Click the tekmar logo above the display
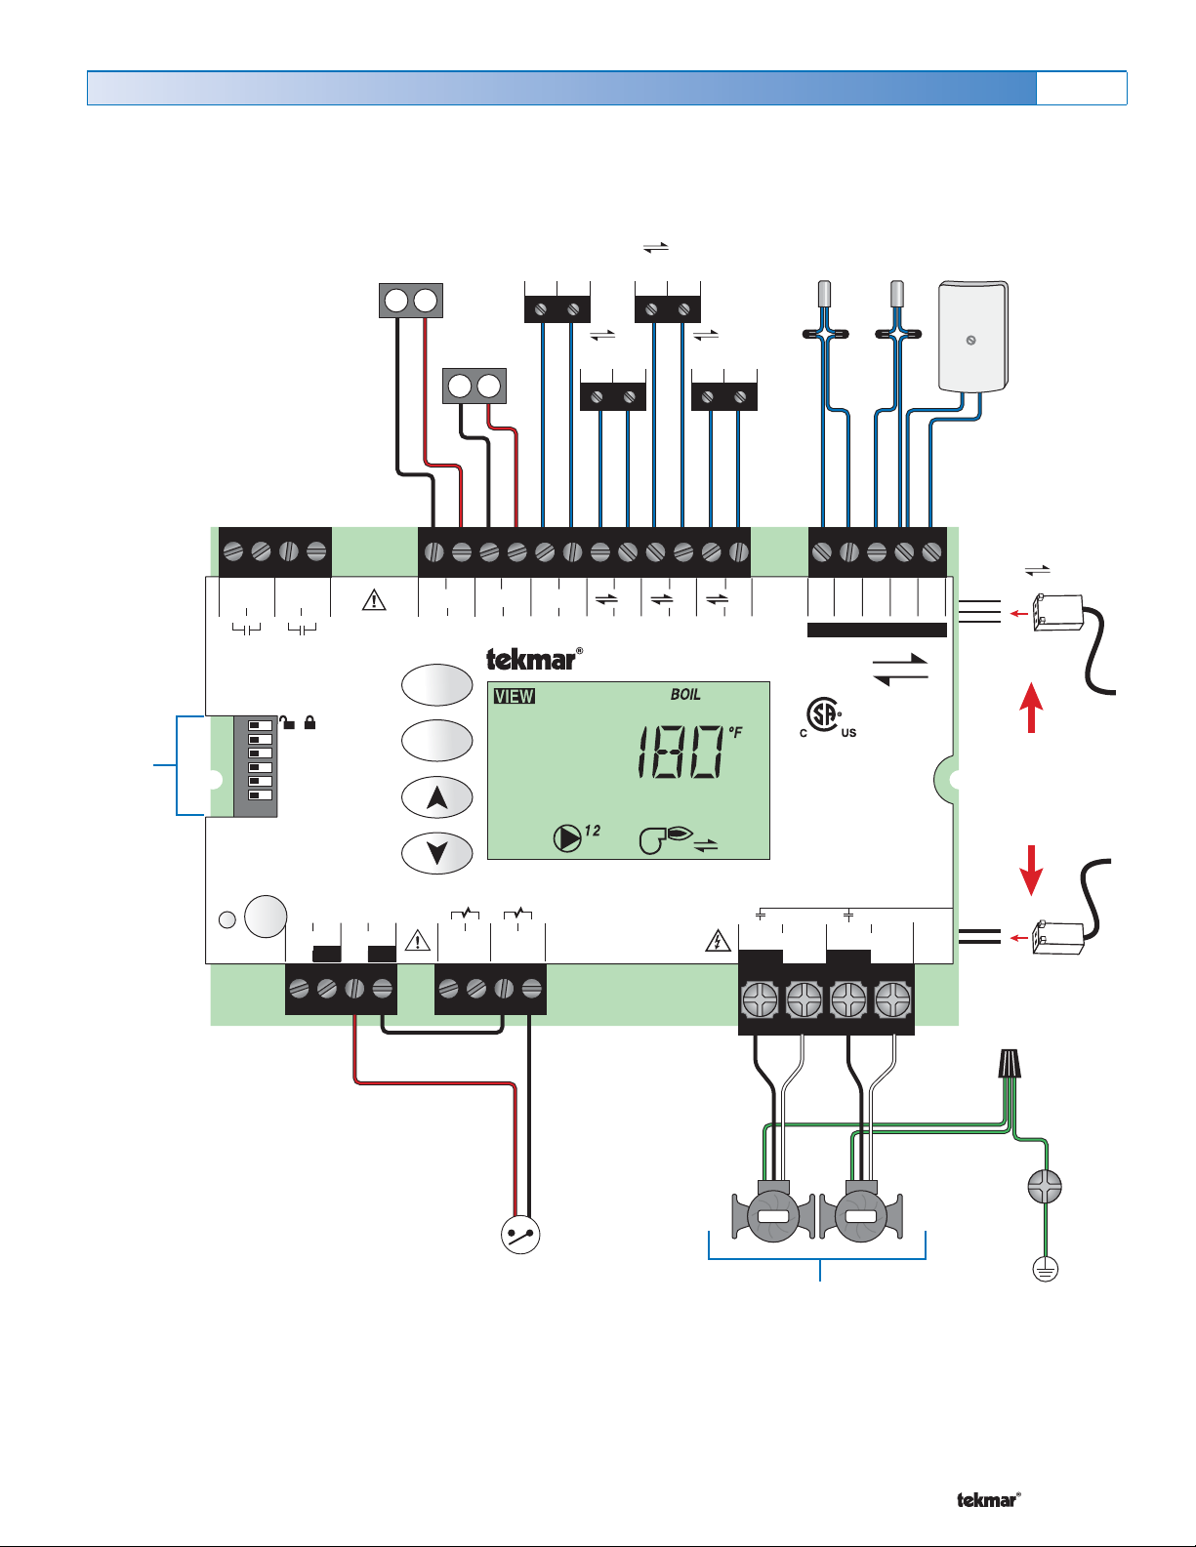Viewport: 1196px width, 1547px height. [534, 659]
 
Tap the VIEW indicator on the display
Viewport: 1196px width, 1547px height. [514, 696]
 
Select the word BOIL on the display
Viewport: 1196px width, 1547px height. [684, 694]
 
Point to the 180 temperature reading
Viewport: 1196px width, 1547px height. [680, 752]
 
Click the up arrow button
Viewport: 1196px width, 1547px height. [437, 797]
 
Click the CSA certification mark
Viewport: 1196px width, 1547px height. [827, 717]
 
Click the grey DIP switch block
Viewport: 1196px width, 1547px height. [256, 766]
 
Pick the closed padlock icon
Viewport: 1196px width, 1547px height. [309, 722]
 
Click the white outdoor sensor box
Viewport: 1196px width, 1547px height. [972, 336]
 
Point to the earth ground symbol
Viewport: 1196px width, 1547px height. [1045, 1269]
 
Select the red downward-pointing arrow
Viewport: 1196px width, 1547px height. [1031, 870]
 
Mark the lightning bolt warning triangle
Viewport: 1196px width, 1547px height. [718, 941]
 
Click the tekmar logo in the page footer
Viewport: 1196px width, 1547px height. [989, 1500]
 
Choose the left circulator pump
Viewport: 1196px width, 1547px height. [773, 1213]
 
